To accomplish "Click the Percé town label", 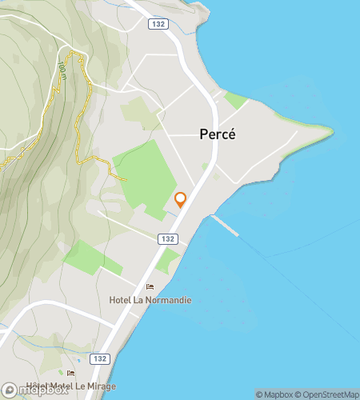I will pos(217,134).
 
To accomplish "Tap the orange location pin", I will pos(181,199).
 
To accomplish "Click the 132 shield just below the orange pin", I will pos(166,239).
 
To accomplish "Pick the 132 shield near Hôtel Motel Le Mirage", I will pos(99,358).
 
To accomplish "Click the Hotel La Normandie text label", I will pos(150,300).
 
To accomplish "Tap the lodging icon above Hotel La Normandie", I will pos(150,287).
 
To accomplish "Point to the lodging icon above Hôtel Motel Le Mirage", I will pos(70,373).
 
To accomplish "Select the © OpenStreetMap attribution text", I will pos(328,394).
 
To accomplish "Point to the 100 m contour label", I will pos(62,71).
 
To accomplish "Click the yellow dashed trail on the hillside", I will pos(80,120).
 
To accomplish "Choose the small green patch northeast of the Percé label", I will pos(236,101).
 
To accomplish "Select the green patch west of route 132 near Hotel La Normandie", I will pos(84,256).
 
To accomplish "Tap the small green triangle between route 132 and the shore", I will pos(169,260).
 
